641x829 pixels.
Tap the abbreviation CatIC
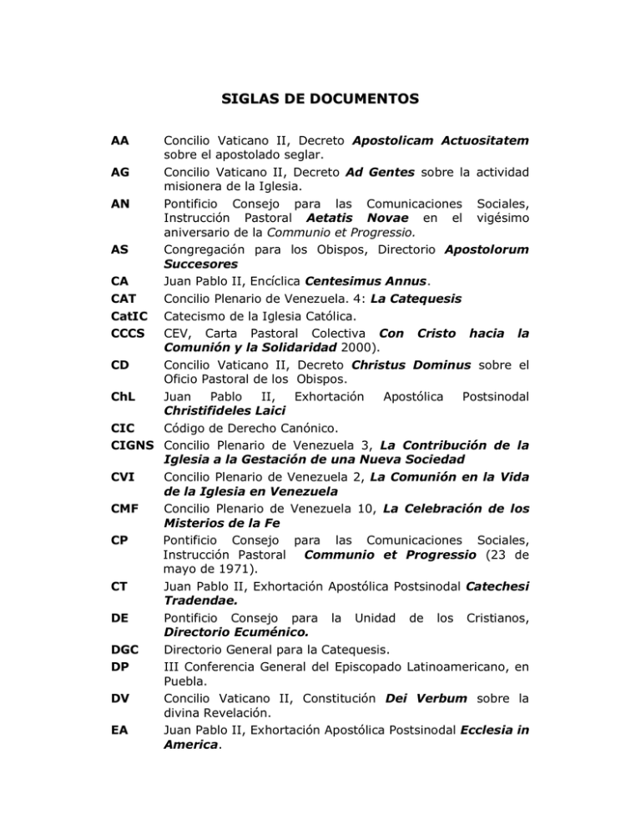point(127,340)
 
